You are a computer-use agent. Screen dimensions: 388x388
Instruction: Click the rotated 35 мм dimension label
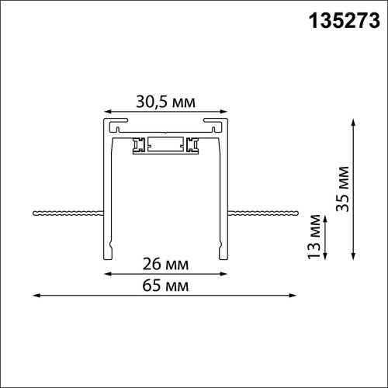[x=344, y=192]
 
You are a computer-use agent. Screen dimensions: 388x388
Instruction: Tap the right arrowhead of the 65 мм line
[x=296, y=295]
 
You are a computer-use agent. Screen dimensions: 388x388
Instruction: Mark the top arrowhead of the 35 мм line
[x=354, y=121]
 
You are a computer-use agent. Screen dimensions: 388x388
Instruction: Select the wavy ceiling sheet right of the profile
[x=264, y=211]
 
